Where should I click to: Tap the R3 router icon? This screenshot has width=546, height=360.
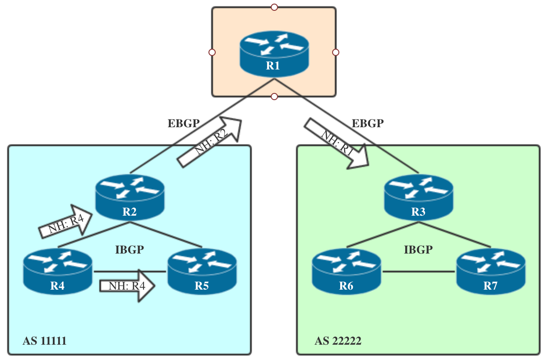point(418,198)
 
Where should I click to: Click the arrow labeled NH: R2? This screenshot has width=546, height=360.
point(210,142)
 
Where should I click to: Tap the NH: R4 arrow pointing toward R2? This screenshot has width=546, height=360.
point(66,222)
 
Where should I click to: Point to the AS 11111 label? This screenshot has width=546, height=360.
point(45,341)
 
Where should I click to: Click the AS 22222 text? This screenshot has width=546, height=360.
point(338,341)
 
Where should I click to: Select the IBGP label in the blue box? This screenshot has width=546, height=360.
point(130,249)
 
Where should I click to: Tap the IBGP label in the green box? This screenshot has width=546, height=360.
point(418,249)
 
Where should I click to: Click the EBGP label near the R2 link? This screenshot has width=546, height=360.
point(183,124)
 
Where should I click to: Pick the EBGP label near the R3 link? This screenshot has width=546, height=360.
point(368,124)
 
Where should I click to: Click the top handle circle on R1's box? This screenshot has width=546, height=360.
point(274,7)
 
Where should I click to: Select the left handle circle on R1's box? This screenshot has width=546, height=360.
point(212,52)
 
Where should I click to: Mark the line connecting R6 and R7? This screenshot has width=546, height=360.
point(418,272)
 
